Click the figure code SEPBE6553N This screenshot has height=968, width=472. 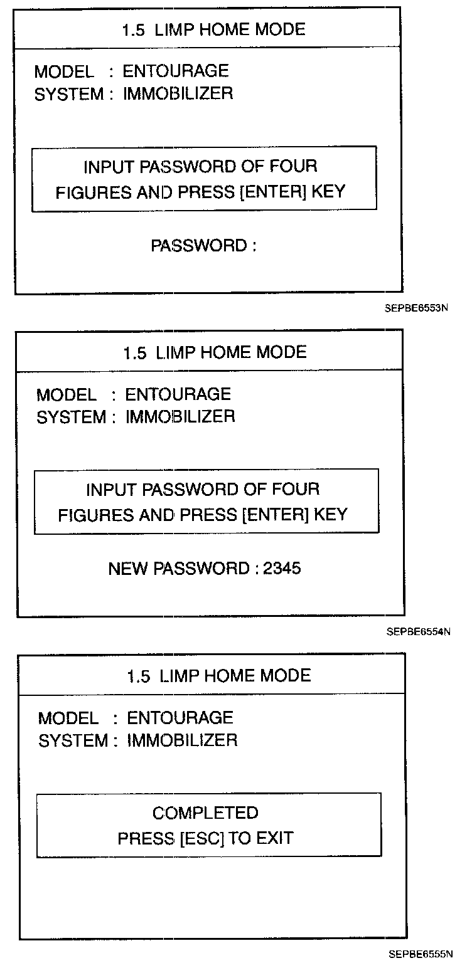pos(417,308)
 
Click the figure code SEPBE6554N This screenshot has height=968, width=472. pos(419,632)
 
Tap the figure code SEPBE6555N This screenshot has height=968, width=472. pos(420,955)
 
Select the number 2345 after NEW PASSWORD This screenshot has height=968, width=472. pos(282,569)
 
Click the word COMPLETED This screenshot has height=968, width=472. pos(205,813)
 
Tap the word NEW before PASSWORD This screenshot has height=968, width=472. pos(129,569)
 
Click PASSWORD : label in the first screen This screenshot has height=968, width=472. pos(203,246)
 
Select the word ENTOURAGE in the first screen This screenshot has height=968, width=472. pos(176,71)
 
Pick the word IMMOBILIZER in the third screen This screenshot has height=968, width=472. pos(182,740)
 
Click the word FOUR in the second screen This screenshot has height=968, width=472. pos(295,489)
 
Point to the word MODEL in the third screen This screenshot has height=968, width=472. pos(68,718)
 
